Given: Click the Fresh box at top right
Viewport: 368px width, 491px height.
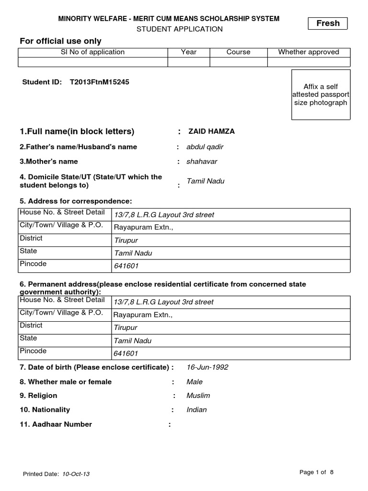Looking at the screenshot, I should click(x=328, y=23).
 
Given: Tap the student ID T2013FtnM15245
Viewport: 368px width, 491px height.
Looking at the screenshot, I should click(x=99, y=82).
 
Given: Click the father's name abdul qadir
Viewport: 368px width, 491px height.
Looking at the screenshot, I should click(x=205, y=147).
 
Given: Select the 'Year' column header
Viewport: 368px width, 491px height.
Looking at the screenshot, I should click(x=189, y=52).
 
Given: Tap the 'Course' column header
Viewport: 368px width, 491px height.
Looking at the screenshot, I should click(x=238, y=52).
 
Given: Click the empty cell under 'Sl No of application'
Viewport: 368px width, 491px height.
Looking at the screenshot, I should click(x=92, y=62).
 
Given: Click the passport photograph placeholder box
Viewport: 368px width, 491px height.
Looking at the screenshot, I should click(x=321, y=94).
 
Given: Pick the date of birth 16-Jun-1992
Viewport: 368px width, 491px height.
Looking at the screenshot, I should click(x=207, y=367).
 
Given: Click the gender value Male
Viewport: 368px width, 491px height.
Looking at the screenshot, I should click(x=195, y=382).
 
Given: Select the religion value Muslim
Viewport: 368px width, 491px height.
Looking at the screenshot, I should click(x=198, y=396).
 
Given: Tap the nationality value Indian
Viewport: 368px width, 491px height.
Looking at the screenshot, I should click(x=196, y=410).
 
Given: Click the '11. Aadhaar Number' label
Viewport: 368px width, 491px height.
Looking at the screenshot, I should click(x=56, y=424).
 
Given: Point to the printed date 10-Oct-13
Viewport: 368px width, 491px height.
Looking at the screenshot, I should click(x=76, y=474).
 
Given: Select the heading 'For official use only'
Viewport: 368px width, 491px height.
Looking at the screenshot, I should click(x=60, y=41).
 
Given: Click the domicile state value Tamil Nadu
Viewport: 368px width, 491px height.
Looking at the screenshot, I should click(x=205, y=181).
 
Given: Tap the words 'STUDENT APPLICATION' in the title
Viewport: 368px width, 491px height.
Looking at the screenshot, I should click(x=180, y=29).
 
